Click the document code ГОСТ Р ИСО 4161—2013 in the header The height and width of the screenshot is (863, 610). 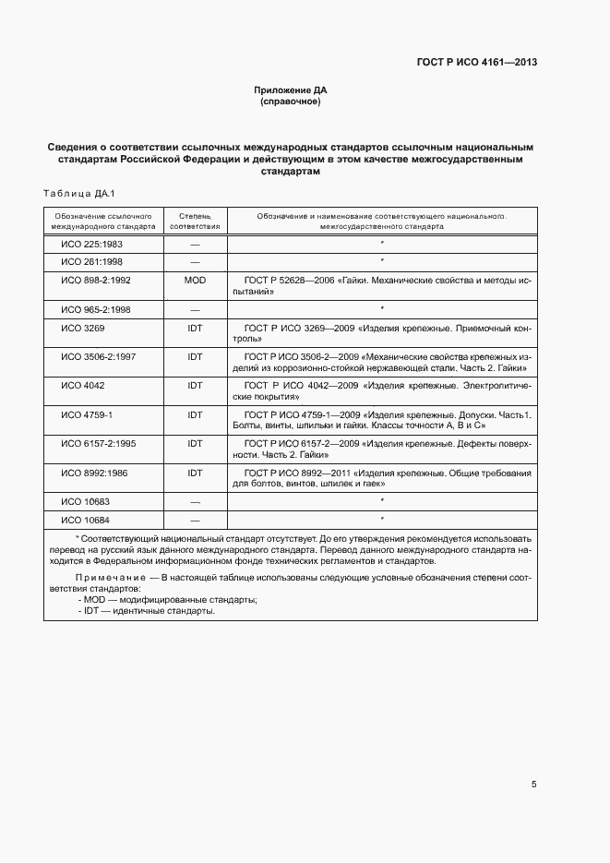(476, 63)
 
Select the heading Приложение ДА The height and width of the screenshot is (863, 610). (291, 90)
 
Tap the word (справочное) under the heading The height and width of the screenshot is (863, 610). (291, 102)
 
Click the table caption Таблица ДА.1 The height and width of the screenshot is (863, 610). (78, 193)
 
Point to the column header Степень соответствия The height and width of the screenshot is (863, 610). (195, 220)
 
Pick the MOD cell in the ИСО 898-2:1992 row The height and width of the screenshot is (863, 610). (195, 279)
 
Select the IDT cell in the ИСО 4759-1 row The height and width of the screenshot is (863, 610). (195, 415)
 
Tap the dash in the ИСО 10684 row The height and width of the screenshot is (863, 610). (195, 520)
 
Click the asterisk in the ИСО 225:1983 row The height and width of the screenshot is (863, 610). (382, 244)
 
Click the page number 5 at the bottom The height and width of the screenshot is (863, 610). (534, 785)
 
